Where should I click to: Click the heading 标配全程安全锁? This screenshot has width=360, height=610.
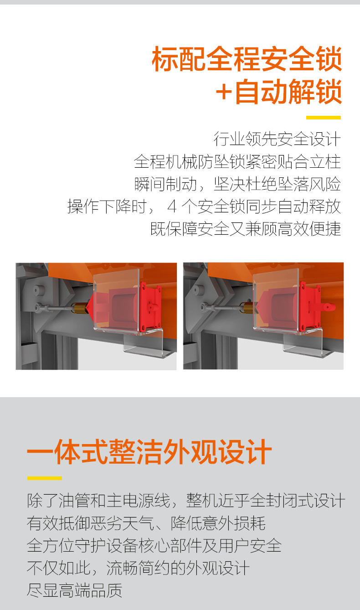click(x=247, y=59)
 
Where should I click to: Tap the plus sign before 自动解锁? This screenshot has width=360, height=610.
click(x=224, y=92)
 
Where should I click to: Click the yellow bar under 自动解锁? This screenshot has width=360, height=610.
click(x=323, y=118)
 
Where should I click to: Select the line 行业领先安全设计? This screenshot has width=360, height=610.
click(x=277, y=139)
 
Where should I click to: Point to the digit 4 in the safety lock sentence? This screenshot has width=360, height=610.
click(x=172, y=206)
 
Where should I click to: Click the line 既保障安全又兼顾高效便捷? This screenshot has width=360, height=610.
click(x=246, y=228)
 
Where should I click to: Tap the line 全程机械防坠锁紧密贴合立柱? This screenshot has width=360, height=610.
click(x=237, y=161)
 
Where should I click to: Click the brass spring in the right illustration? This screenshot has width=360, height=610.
click(x=247, y=307)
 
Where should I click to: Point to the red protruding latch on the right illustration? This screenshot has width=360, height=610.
click(x=328, y=307)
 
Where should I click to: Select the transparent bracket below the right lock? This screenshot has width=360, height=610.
click(x=307, y=344)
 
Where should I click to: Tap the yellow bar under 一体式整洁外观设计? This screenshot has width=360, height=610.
click(x=45, y=478)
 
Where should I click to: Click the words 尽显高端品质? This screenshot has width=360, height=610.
click(x=74, y=590)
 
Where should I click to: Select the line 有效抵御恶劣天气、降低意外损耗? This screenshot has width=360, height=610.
click(x=146, y=523)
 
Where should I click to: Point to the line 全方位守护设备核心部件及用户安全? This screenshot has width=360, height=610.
click(x=154, y=545)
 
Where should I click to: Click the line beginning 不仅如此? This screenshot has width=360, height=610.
click(x=138, y=568)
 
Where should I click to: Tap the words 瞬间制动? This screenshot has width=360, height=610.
click(x=165, y=184)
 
